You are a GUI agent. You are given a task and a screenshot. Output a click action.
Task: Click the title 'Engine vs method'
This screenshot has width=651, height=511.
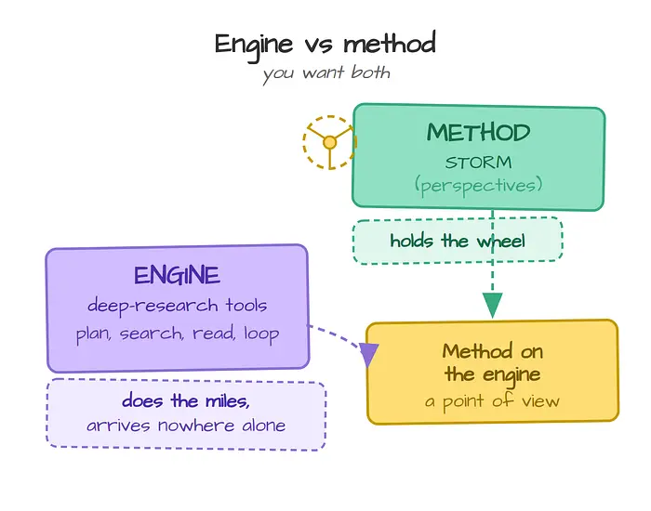tap(325, 45)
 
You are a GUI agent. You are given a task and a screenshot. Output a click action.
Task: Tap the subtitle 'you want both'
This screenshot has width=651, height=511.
tap(326, 73)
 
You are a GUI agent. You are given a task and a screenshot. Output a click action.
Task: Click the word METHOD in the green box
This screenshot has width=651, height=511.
tap(478, 132)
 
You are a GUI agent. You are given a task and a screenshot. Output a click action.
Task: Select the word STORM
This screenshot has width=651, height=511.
tap(478, 163)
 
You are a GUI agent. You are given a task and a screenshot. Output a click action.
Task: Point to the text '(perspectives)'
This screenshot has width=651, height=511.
tap(478, 185)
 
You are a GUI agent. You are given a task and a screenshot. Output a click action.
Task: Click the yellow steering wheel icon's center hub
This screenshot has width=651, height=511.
tap(329, 143)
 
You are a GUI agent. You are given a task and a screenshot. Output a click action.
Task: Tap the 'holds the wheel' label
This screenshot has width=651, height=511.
tap(458, 241)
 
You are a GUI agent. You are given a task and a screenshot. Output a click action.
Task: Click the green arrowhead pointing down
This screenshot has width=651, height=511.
tap(492, 305)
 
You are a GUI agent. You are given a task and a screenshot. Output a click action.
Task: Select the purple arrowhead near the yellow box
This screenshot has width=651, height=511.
tap(368, 354)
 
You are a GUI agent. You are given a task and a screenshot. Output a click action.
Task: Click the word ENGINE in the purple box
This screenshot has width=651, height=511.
tap(177, 275)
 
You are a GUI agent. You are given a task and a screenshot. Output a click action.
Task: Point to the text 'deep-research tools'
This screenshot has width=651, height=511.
tap(177, 306)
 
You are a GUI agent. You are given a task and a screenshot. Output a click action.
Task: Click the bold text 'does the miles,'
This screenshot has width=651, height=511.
tap(186, 401)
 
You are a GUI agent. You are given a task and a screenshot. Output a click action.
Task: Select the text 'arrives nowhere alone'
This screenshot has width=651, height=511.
tap(186, 426)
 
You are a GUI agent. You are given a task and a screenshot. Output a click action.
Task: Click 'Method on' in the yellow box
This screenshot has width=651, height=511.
tap(492, 351)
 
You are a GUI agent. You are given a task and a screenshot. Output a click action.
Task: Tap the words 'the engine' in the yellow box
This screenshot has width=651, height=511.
tap(492, 375)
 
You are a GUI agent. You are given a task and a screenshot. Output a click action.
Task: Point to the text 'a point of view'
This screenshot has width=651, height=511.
tap(492, 401)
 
